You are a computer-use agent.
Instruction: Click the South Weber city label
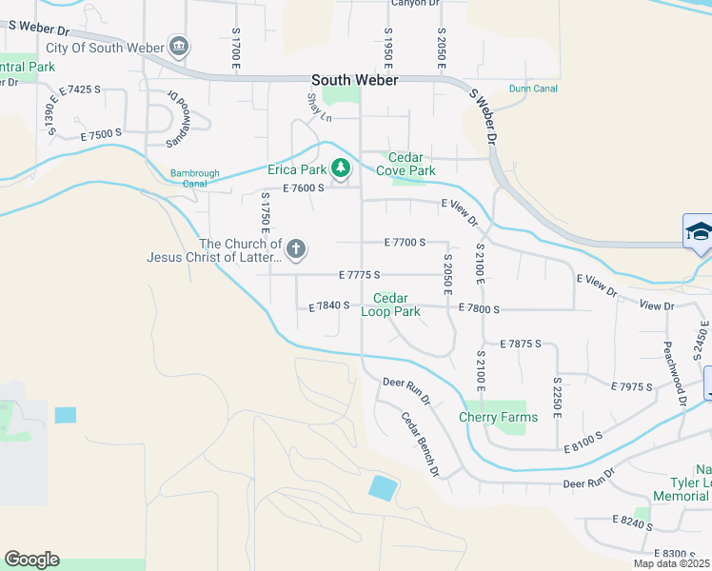click(354, 80)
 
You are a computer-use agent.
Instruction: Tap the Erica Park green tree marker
click(341, 169)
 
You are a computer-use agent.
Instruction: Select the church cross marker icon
click(296, 249)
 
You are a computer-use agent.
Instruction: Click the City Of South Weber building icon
click(178, 47)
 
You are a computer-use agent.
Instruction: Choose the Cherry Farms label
click(498, 417)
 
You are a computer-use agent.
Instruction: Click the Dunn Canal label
click(533, 89)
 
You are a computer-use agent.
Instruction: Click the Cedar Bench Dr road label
click(420, 443)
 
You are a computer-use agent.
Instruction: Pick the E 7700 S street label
click(405, 244)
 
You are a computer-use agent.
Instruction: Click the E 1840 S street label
click(329, 306)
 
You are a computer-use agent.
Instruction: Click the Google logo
click(31, 560)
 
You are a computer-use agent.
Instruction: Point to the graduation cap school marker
click(698, 232)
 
